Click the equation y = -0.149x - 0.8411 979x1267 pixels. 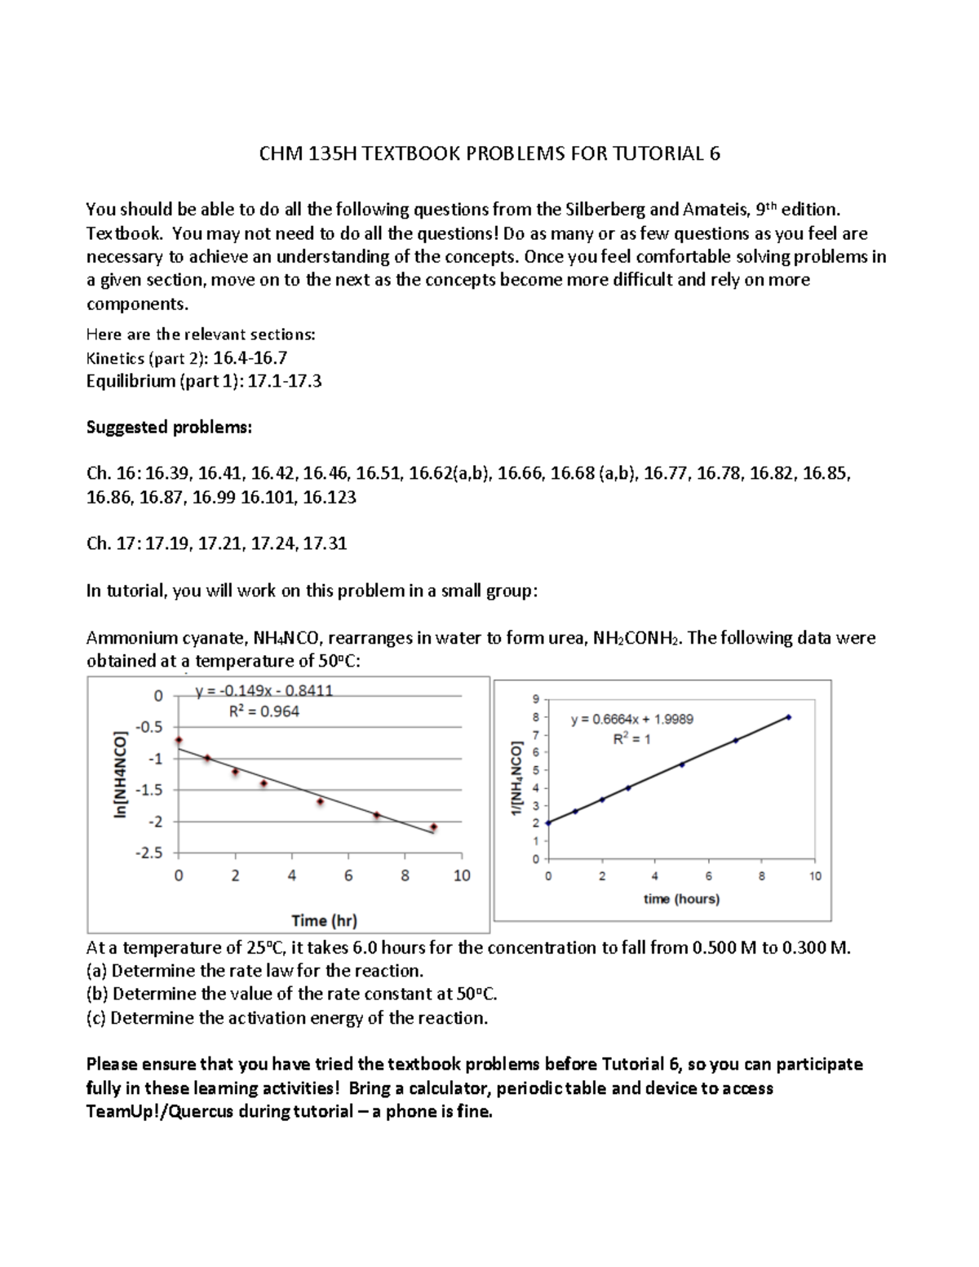pos(264,691)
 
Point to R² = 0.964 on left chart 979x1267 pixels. pos(264,711)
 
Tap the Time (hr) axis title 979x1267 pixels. pos(324,920)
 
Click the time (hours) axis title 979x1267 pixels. pos(681,899)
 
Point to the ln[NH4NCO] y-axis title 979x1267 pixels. pos(122,773)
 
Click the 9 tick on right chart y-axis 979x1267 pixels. pos(535,699)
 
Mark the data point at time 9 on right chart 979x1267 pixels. pos(788,717)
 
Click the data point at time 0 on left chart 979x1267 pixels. pos(179,740)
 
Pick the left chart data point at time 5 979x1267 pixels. pos(320,802)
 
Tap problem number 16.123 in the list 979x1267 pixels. pos(329,497)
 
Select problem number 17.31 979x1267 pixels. pos(325,543)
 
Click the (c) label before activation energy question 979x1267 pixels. pos(95,1017)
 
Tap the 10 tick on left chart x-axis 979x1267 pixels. pos(462,875)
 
